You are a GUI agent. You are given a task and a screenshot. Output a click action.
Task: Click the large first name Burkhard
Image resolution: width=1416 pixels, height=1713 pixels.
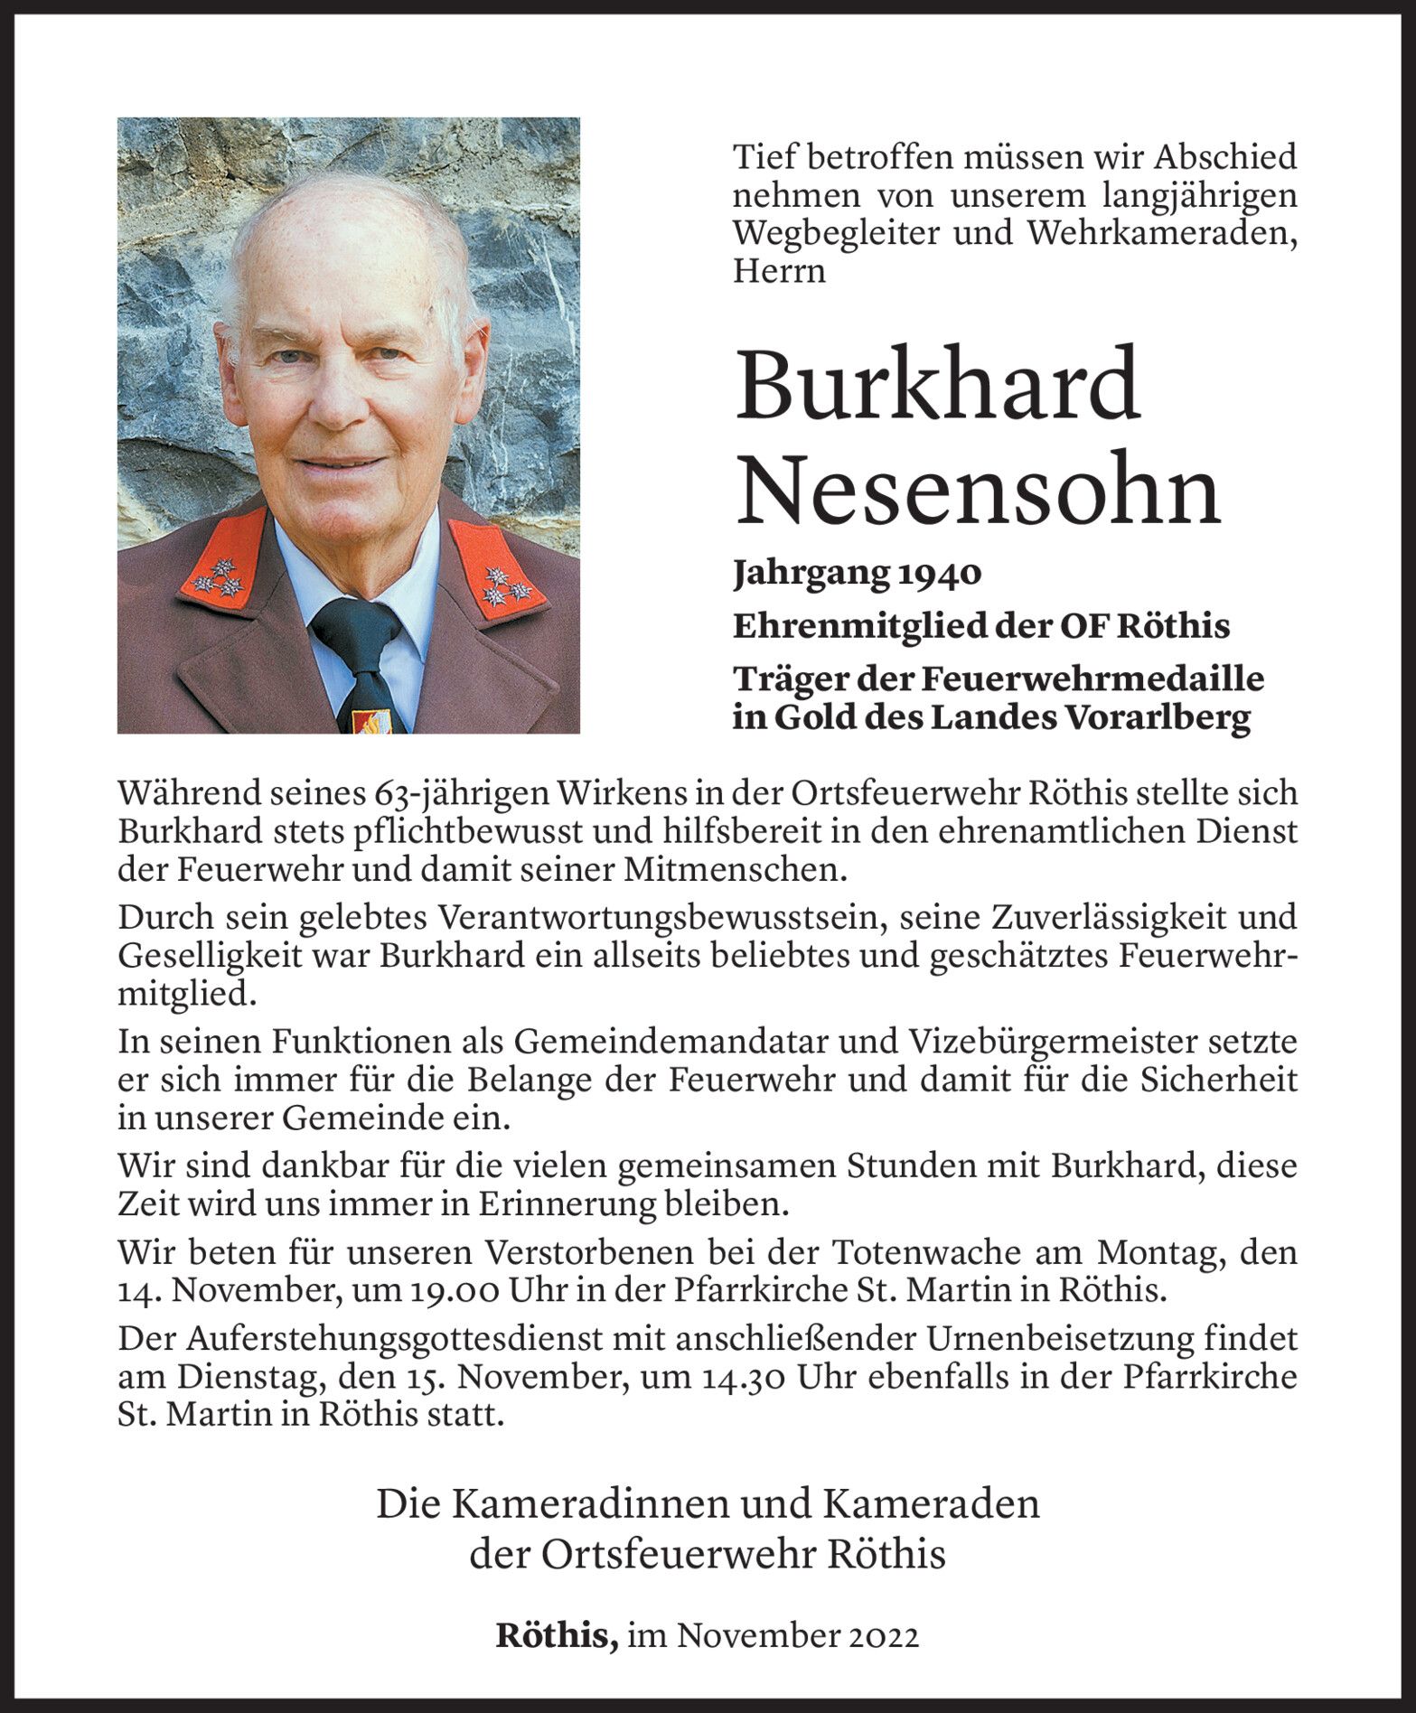pyautogui.click(x=937, y=386)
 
